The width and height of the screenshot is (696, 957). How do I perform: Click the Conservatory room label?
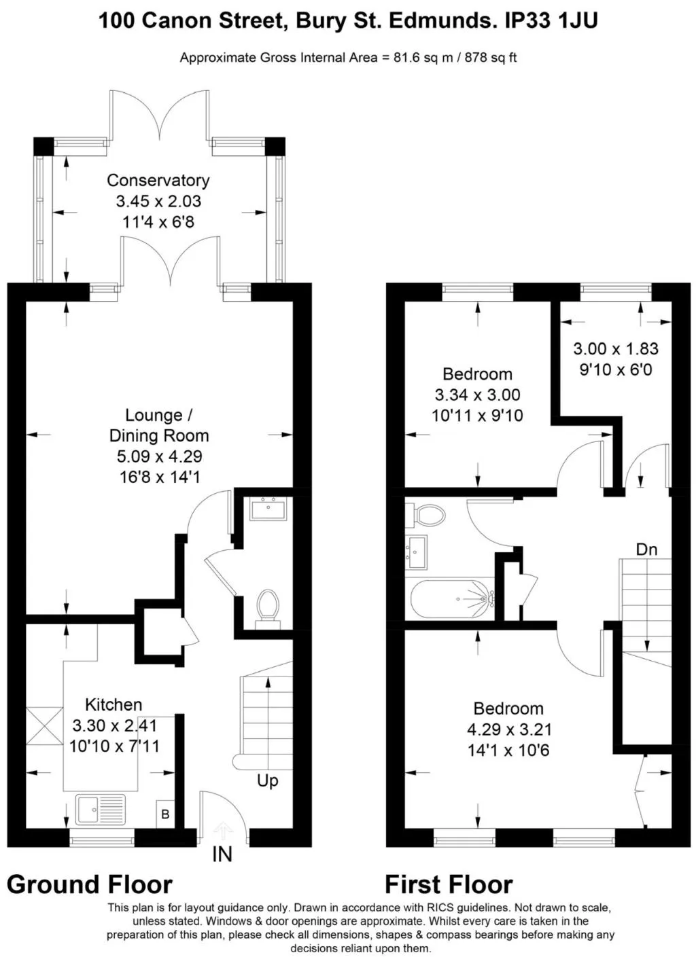[158, 180]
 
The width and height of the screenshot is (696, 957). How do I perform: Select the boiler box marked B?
[165, 814]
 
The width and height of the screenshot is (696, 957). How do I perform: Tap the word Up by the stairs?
[268, 781]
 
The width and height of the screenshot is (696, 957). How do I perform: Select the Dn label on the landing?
[646, 549]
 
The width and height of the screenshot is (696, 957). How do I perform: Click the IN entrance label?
[222, 854]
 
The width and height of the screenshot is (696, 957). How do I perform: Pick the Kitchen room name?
[114, 705]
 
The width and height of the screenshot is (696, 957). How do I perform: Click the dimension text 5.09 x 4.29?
[160, 456]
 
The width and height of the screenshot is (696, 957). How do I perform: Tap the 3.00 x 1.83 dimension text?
[616, 348]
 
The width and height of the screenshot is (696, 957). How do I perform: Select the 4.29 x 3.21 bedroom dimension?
[509, 729]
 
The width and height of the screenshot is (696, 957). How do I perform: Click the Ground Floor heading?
[89, 884]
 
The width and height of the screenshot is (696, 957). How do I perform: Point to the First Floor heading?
[449, 884]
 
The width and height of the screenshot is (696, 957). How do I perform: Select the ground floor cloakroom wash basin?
[268, 508]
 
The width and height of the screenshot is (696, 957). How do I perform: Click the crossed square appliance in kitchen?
[44, 726]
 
